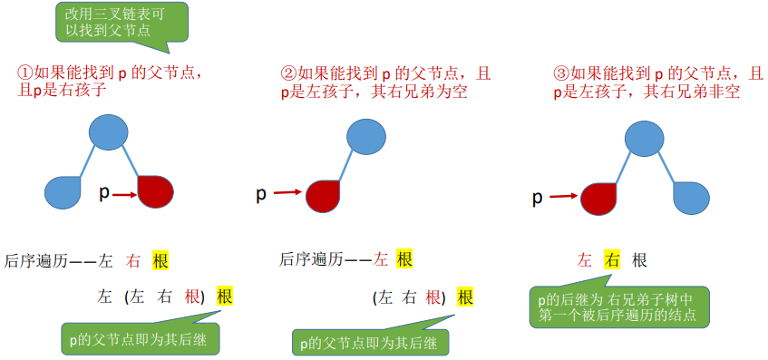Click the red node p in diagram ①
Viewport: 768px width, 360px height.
coord(154,191)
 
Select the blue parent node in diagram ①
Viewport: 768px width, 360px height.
coord(110,132)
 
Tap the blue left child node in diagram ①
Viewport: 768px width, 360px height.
coord(63,191)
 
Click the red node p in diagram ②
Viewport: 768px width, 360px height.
coord(322,193)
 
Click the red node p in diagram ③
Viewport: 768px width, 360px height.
coord(598,196)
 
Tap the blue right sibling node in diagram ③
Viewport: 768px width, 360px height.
coord(691,197)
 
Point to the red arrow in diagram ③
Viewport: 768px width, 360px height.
coord(563,194)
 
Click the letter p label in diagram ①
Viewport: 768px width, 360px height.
coord(104,191)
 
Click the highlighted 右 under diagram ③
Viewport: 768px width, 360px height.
coord(612,260)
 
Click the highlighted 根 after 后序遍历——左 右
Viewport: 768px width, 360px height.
coord(160,261)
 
